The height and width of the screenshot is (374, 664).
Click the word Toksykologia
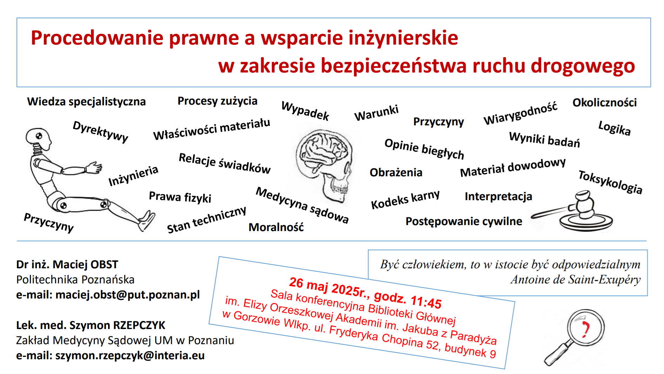[x=610, y=182]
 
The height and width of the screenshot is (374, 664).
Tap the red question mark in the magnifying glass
[x=585, y=329]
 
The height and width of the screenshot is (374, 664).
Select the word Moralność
[x=276, y=227]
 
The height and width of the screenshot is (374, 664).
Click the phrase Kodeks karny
[x=405, y=199]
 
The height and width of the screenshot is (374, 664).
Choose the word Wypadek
[x=305, y=111]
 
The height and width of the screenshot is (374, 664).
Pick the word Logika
[x=614, y=128]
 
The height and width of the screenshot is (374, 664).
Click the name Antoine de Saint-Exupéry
[x=576, y=280]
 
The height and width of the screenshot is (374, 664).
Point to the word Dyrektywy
[x=100, y=131]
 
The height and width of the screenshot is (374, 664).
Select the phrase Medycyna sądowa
[x=302, y=205]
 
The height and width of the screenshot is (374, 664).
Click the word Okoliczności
[x=605, y=103]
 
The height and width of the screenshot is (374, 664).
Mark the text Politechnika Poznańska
[x=75, y=280]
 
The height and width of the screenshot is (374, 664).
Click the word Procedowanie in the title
[x=97, y=38]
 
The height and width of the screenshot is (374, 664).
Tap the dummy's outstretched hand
[x=94, y=168]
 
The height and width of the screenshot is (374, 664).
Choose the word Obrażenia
[x=396, y=172]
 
